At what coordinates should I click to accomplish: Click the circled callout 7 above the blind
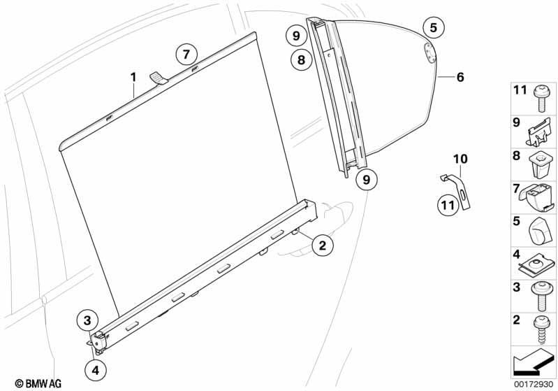[186, 55]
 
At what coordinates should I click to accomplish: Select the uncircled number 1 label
[133, 77]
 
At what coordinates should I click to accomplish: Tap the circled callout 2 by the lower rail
[323, 246]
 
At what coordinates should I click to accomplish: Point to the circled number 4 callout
[96, 370]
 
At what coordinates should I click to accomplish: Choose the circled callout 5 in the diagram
[434, 27]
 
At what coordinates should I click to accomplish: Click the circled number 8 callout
[301, 59]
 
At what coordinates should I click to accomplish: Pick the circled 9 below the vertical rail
[367, 179]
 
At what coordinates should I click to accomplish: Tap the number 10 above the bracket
[460, 159]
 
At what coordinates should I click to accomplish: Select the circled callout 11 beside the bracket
[448, 205]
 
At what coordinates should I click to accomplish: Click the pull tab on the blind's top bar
[159, 78]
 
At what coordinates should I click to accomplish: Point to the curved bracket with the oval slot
[457, 190]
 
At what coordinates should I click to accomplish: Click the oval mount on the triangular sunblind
[430, 53]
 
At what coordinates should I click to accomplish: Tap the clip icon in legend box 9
[538, 133]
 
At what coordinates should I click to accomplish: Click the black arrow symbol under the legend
[532, 362]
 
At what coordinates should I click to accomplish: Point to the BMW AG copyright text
[38, 383]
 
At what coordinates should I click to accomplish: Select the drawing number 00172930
[533, 385]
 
